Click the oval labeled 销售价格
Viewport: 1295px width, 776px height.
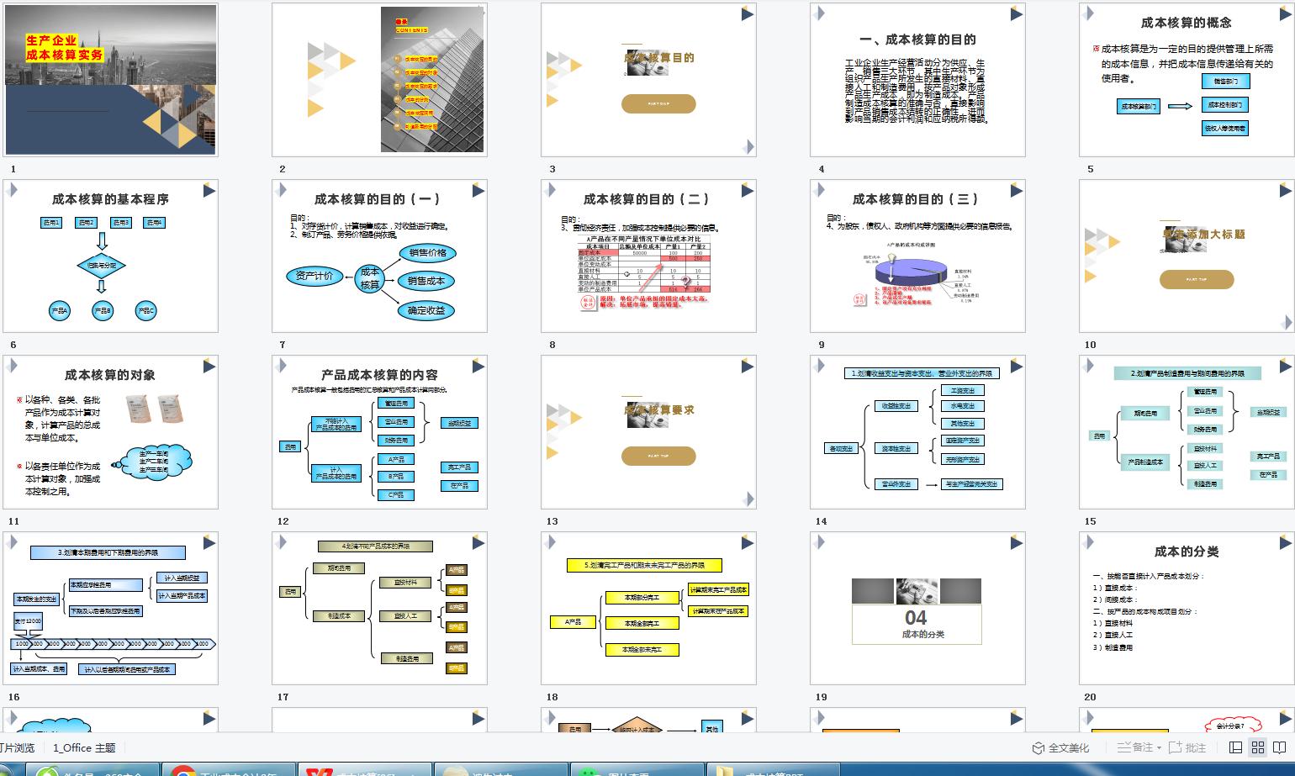pyautogui.click(x=428, y=253)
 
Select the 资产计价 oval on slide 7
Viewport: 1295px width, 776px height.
pyautogui.click(x=314, y=276)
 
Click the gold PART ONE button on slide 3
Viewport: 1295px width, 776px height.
pyautogui.click(x=658, y=103)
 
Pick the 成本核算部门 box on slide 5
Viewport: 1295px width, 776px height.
pyautogui.click(x=1139, y=106)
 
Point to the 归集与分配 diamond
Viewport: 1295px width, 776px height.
pyautogui.click(x=102, y=266)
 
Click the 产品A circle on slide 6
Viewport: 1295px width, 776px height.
pyautogui.click(x=59, y=310)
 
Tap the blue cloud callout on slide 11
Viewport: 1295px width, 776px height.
pyautogui.click(x=157, y=462)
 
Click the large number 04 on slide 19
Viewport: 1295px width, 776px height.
pyautogui.click(x=916, y=618)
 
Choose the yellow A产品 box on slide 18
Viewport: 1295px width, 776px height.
pyautogui.click(x=573, y=622)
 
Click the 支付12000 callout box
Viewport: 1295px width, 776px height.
pyautogui.click(x=28, y=620)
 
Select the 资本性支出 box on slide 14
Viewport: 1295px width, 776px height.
pyautogui.click(x=896, y=448)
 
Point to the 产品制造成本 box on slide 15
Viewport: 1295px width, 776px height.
pyautogui.click(x=1144, y=462)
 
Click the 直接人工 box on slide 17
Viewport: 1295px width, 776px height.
pyautogui.click(x=405, y=616)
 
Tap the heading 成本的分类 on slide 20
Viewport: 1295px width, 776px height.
pyautogui.click(x=1186, y=552)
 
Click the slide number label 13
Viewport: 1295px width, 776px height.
pyautogui.click(x=552, y=521)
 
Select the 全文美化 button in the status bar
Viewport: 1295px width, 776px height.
pyautogui.click(x=1061, y=747)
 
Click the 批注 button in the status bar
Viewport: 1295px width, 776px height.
pyautogui.click(x=1187, y=747)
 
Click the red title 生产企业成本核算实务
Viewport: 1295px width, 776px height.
pyautogui.click(x=64, y=48)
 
